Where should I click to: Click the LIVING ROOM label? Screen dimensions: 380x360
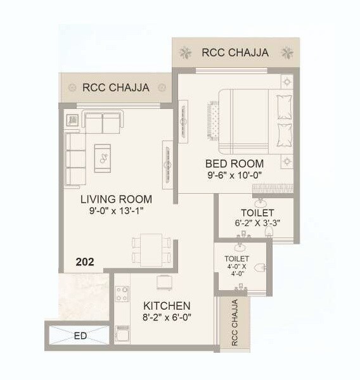click(116, 199)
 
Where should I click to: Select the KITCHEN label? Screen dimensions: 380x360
click(167, 305)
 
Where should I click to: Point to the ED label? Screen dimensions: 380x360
click(80, 336)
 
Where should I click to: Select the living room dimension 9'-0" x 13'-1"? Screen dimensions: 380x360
click(116, 212)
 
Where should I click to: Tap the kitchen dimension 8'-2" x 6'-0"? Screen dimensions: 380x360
click(167, 318)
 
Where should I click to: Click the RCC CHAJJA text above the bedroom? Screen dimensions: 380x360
click(235, 52)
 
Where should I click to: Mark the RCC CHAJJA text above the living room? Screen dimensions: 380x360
click(116, 87)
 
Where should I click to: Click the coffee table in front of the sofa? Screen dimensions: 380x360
click(102, 158)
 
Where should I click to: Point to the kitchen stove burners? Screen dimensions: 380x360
click(121, 294)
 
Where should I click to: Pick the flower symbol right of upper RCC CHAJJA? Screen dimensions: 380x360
click(287, 51)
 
